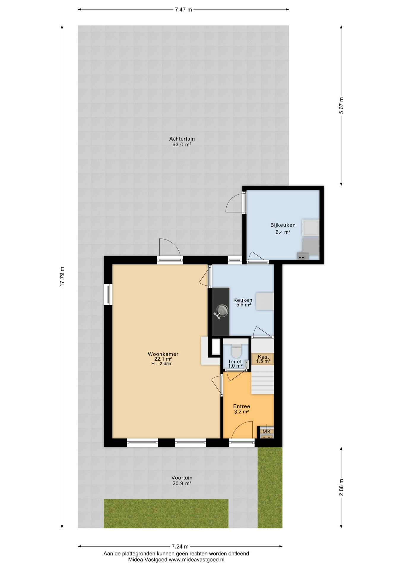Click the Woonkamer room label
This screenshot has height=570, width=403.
163,354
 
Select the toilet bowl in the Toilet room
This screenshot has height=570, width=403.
236,351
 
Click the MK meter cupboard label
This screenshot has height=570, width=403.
266,431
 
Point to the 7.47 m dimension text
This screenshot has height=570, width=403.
183,9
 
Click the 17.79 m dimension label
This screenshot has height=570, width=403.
62,276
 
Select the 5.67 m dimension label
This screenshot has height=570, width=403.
341,105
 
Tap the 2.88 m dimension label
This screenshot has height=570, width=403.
341,487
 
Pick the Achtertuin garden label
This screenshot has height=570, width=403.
182,139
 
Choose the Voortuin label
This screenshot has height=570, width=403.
182,478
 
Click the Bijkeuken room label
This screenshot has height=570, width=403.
283,225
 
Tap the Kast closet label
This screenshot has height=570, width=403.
263,357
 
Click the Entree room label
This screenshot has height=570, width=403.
242,406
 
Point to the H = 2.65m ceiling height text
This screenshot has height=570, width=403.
162,364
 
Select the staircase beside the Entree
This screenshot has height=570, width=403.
263,380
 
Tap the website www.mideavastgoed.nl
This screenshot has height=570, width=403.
196,560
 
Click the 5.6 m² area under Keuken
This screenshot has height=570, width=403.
244,305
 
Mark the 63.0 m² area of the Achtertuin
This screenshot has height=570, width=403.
182,145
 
